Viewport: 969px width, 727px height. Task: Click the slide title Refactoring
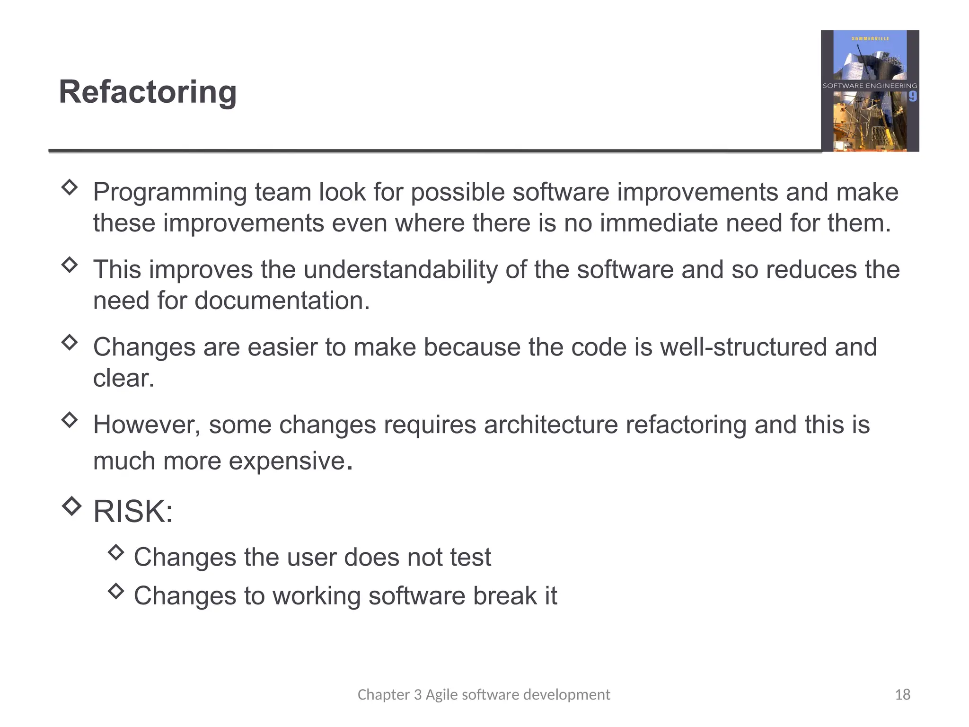[148, 92]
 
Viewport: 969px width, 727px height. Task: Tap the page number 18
[902, 694]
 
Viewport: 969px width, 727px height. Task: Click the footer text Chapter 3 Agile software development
[484, 694]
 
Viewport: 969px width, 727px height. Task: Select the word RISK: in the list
[133, 512]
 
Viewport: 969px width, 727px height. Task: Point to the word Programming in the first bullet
[170, 193]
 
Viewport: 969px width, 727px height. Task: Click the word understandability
[400, 270]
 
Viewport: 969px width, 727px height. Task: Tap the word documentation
[282, 301]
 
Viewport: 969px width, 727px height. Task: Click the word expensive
[287, 461]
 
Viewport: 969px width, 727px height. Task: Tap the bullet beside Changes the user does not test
[116, 552]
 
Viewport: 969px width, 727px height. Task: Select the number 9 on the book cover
[912, 97]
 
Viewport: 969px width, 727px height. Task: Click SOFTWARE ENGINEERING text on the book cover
[870, 86]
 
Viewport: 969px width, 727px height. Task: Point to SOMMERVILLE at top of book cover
[870, 38]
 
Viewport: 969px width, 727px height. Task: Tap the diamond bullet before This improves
[70, 264]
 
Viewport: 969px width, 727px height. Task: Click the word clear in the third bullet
[123, 378]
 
